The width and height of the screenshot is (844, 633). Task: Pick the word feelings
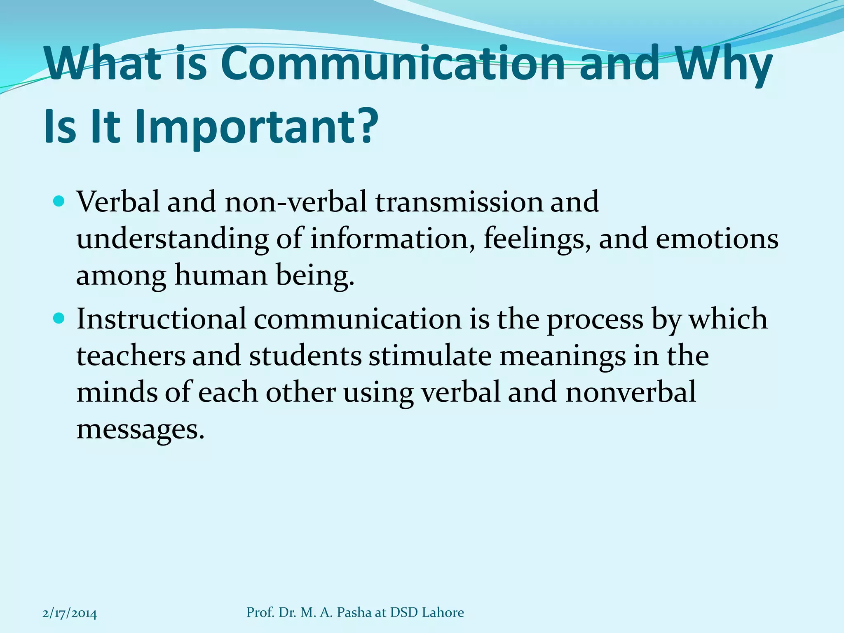point(534,239)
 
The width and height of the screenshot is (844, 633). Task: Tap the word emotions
point(717,239)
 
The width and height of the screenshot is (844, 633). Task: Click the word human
point(221,275)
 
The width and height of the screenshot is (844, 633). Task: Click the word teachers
point(131,355)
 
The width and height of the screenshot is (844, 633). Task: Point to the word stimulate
point(430,355)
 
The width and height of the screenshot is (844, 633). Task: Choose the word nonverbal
point(631,392)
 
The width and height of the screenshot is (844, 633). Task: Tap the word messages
point(140,430)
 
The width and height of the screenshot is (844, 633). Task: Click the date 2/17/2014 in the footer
point(70,613)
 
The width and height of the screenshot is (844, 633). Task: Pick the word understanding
point(172,240)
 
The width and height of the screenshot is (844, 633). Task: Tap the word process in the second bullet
point(595,320)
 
